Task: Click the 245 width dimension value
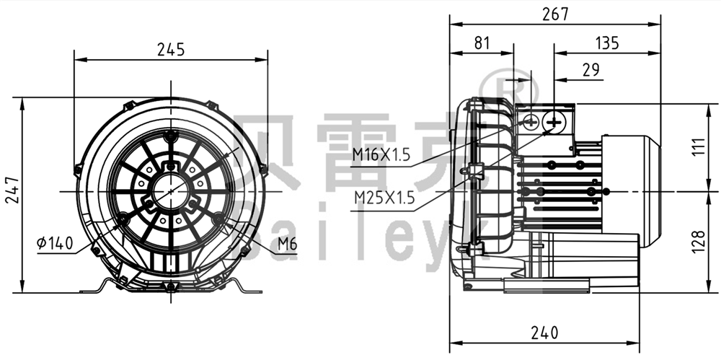coord(171,50)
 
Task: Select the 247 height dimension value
coord(12,190)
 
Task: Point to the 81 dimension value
coord(482,43)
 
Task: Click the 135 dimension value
coord(607,43)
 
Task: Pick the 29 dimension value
coord(591,70)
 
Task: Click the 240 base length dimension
coord(544,333)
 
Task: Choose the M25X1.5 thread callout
coord(384,198)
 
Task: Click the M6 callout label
coord(287,244)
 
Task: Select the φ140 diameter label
coord(55,244)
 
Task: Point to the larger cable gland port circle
coord(554,122)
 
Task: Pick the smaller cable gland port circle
coord(531,122)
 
